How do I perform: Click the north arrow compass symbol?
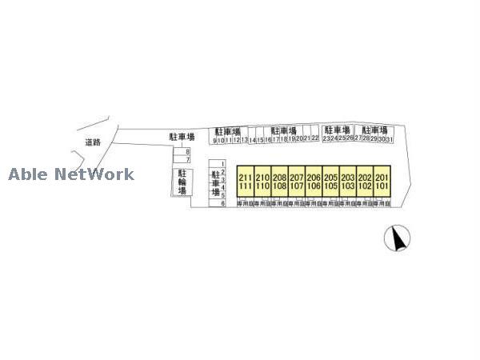(398, 238)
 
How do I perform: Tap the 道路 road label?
(93, 142)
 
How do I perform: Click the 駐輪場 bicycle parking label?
(182, 182)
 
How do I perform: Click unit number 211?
(245, 178)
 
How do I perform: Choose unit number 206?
(313, 178)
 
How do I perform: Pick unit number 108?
(279, 186)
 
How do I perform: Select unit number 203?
(347, 178)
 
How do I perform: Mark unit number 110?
(262, 186)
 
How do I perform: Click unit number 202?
(365, 178)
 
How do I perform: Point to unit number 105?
(330, 186)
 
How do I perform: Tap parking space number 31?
(390, 139)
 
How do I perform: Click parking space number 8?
(188, 152)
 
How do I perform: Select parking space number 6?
(222, 203)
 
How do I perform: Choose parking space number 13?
(244, 139)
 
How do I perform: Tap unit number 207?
(296, 178)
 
